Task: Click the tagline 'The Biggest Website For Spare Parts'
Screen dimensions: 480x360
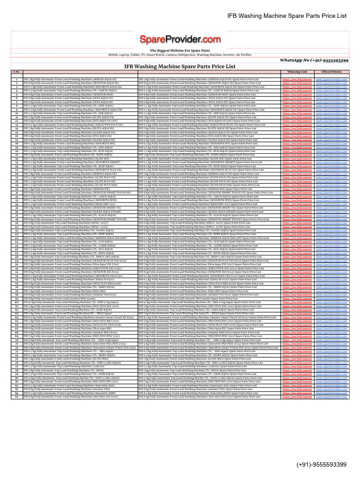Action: pos(180,50)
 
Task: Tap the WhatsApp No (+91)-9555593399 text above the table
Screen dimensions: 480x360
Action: pos(314,60)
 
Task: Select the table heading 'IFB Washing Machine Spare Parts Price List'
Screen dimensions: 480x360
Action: pos(180,67)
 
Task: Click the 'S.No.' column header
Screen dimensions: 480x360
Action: pos(16,72)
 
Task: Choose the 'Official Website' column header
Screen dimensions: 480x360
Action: pos(331,72)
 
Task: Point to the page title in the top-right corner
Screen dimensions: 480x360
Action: pos(287,16)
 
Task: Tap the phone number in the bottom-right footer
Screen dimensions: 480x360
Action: pos(321,465)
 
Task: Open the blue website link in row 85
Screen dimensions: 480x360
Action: pos(331,396)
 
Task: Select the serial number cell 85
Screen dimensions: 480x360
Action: pos(16,396)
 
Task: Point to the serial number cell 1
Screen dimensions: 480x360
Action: pos(16,80)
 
